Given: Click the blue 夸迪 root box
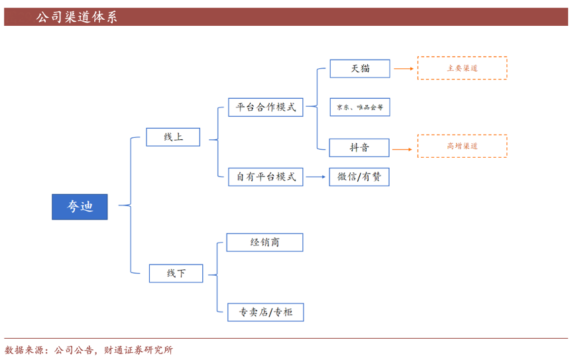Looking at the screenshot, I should click(x=80, y=207).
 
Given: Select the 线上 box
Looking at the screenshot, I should click(x=173, y=137).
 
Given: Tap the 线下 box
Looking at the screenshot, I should click(x=176, y=273).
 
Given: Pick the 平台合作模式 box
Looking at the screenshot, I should click(x=265, y=107).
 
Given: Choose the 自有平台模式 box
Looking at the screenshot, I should click(x=265, y=177).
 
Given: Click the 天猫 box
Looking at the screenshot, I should click(x=360, y=68).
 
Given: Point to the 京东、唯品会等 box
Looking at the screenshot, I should click(x=360, y=107).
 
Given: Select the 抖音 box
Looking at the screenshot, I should click(x=360, y=148).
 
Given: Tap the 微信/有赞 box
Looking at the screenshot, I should click(x=359, y=177).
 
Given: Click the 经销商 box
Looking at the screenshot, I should click(x=264, y=243).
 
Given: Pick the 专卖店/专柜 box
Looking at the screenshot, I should click(x=265, y=312).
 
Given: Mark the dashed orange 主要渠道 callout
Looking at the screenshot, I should click(x=462, y=68).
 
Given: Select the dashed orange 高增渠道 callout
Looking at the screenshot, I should click(x=462, y=146).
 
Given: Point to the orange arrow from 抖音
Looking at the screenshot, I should click(x=402, y=149).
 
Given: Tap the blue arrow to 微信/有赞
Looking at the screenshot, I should click(x=316, y=177).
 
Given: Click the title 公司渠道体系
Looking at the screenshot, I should click(x=76, y=17).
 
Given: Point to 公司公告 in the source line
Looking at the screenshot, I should click(x=74, y=350).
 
